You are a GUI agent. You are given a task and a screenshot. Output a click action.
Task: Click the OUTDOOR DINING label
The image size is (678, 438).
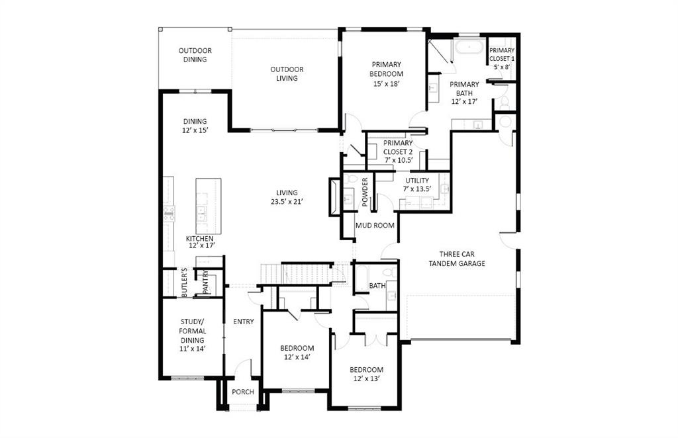tap(195, 55)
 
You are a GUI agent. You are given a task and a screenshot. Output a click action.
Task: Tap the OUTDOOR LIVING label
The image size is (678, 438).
tap(287, 73)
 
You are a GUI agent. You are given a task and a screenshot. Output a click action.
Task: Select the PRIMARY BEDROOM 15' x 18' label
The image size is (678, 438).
tap(387, 74)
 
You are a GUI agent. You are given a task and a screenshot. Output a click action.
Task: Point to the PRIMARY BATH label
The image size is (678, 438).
tap(464, 93)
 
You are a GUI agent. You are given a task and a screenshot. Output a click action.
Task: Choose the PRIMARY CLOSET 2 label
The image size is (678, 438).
tap(397, 152)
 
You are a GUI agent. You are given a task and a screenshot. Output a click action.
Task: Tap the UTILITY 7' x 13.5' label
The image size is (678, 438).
tap(417, 185)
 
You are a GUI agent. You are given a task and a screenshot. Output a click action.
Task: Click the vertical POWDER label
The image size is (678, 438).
tap(365, 192)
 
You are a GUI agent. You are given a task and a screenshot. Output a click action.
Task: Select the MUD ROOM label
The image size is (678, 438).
tap(375, 226)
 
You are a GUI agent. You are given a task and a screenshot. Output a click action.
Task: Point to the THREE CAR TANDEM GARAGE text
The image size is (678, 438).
tap(457, 259)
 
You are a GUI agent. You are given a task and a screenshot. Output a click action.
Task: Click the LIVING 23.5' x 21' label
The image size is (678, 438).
tap(287, 197)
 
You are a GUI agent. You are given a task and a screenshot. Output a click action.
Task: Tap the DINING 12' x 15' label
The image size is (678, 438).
tap(195, 126)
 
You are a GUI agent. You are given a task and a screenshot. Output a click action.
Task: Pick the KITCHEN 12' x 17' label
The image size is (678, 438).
tap(199, 242)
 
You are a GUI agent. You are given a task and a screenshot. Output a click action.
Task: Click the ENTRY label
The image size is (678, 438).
tap(243, 322)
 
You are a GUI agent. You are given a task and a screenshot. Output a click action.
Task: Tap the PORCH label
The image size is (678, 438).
tap(243, 392)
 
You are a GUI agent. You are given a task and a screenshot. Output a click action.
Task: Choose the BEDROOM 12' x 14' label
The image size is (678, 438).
tap(297, 353)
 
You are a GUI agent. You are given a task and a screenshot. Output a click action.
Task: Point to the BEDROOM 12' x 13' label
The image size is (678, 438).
tap(367, 374)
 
